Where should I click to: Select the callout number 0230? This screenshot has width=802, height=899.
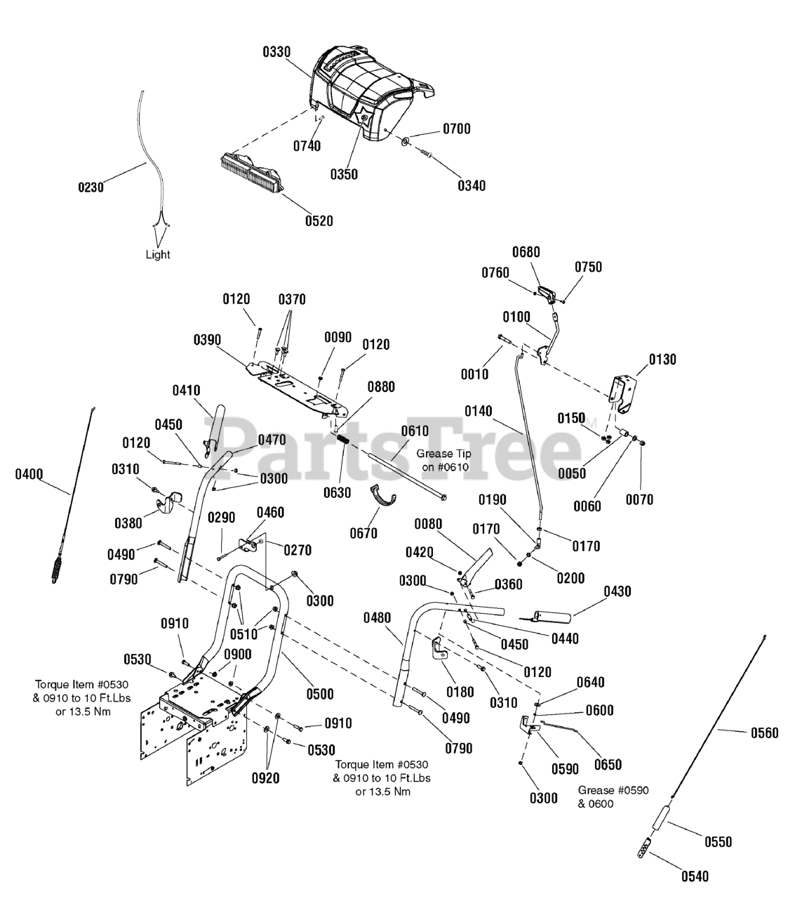91,188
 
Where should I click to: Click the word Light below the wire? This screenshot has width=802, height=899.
158,254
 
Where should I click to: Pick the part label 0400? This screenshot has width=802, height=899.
29,475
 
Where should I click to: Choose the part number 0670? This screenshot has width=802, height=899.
364,534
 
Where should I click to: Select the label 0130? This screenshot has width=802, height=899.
662,360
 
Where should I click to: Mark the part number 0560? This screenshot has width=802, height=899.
765,733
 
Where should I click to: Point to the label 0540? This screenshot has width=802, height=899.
695,877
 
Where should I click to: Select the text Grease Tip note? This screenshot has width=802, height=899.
444,460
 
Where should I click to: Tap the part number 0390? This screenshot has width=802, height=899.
207,340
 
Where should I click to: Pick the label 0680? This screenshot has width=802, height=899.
526,252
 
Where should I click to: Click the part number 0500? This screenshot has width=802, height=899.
320,694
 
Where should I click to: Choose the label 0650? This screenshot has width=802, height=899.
608,765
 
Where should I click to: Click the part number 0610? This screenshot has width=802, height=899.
415,431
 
